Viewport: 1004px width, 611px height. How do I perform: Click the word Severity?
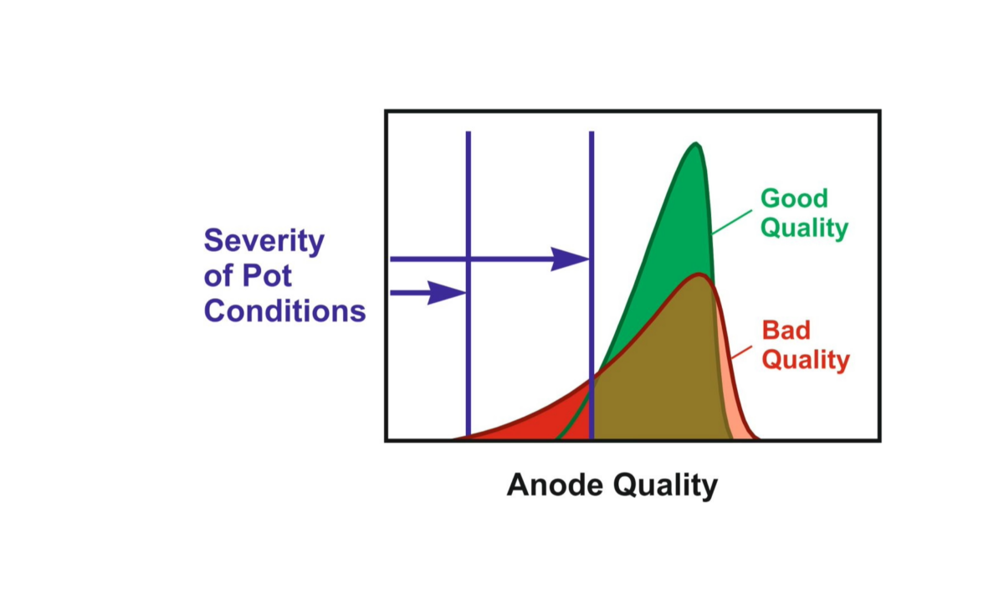point(264,242)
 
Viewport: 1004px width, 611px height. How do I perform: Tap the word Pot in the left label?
point(267,275)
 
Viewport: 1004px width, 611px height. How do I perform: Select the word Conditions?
point(284,311)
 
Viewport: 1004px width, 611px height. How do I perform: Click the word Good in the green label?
point(794,198)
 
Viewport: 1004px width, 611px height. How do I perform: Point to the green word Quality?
point(805,228)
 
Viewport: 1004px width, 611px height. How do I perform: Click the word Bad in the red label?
point(786,331)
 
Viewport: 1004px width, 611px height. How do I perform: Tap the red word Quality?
point(806,361)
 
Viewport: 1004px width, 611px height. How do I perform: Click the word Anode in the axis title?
point(555,485)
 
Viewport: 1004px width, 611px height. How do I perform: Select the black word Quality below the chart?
point(666,486)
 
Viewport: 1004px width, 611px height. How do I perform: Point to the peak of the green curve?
point(695,143)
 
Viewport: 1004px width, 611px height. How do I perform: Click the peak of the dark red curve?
point(699,275)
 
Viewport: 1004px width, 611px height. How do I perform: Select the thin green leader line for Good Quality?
point(732,222)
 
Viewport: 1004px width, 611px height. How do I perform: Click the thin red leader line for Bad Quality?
point(741,352)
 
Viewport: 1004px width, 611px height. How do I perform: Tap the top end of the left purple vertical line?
point(469,131)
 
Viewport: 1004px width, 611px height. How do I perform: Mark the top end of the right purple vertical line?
point(592,131)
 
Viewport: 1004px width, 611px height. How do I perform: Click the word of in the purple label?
point(218,275)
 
